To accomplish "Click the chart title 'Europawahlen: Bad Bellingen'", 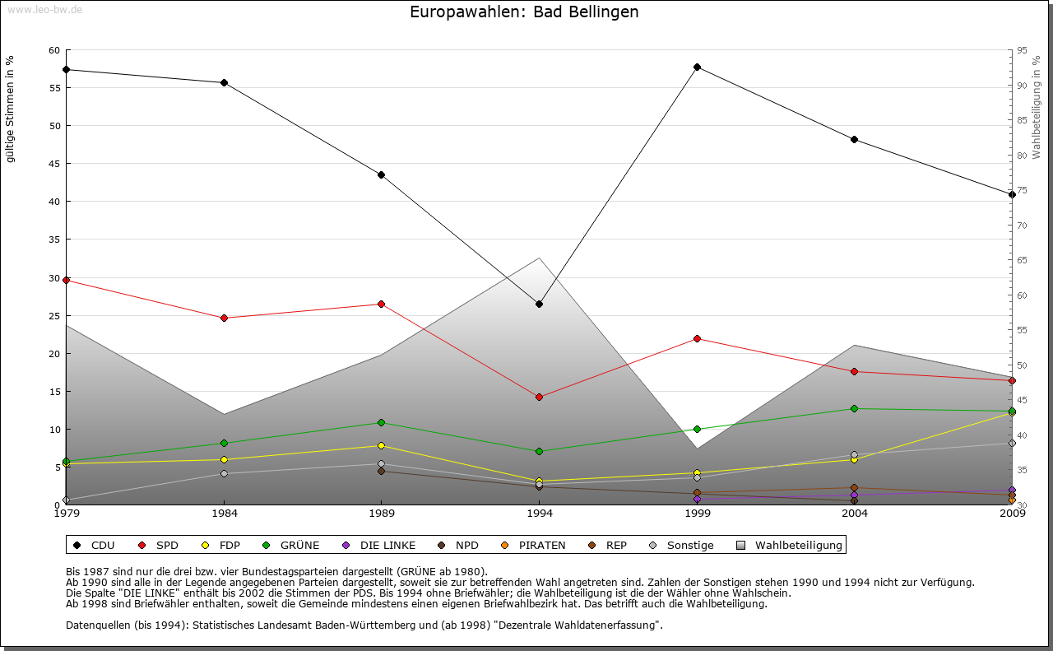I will click(524, 12).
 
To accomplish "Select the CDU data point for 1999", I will click(697, 67).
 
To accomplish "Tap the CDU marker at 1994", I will click(539, 305).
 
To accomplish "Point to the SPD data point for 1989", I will click(381, 305).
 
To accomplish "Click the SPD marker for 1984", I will click(224, 318).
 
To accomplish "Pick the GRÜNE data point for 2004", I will click(855, 408).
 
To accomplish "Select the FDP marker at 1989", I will click(381, 446).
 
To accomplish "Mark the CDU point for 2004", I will click(855, 139).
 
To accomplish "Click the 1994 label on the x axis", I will click(539, 514).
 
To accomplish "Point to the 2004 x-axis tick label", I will click(855, 514).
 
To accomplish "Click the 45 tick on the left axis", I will click(54, 164).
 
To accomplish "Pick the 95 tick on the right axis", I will click(1022, 50).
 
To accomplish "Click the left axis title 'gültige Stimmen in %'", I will click(11, 109).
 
